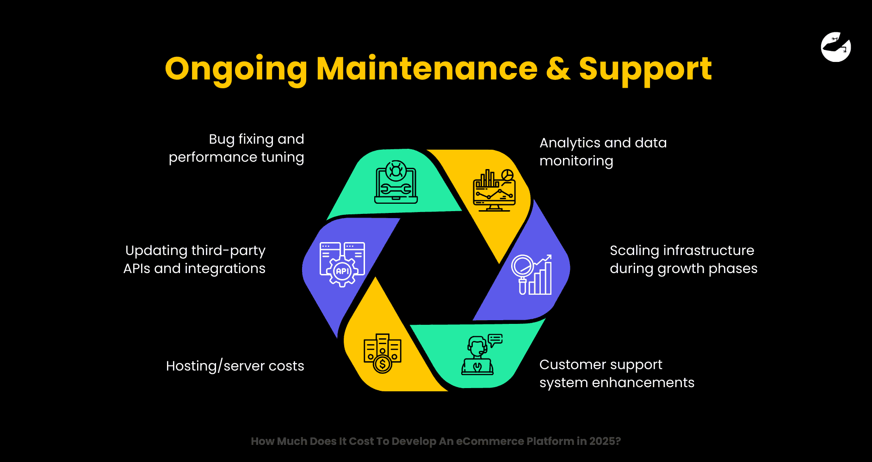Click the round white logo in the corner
click(x=836, y=47)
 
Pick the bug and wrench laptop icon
click(x=396, y=182)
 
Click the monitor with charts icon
click(x=494, y=190)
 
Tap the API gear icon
click(x=342, y=264)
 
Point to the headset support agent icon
click(x=479, y=356)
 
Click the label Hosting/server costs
click(x=235, y=366)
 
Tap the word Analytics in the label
click(x=569, y=143)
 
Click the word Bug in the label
click(x=222, y=140)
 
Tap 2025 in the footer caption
click(x=602, y=441)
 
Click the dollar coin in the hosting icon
click(x=383, y=365)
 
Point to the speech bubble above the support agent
click(x=495, y=340)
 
